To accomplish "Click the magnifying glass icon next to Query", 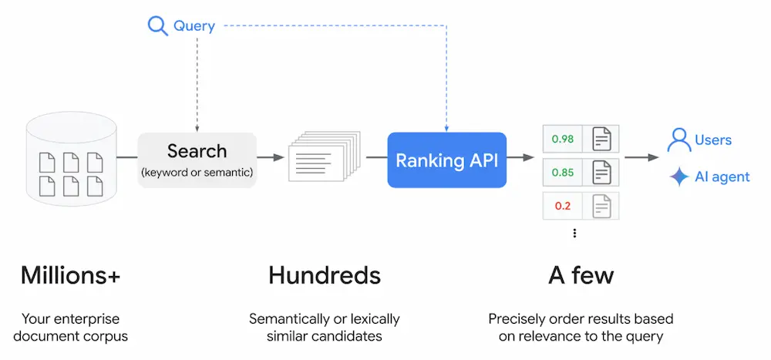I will click(157, 26).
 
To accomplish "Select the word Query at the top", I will click(194, 26).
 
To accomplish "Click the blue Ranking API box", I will click(446, 160).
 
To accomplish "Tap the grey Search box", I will click(197, 160).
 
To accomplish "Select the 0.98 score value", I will click(562, 139).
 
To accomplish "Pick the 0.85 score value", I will click(562, 173).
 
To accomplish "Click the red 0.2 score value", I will click(562, 206).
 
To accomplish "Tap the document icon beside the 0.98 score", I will click(601, 139).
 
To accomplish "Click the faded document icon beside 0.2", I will click(601, 206).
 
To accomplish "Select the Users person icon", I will click(678, 140).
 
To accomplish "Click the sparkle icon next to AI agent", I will click(678, 177).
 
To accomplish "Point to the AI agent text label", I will click(722, 177).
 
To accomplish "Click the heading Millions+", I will click(71, 275).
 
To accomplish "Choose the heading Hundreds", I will click(324, 275).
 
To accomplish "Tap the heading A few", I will click(581, 275).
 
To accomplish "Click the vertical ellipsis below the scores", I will click(574, 233).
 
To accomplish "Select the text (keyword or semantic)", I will click(197, 173).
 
